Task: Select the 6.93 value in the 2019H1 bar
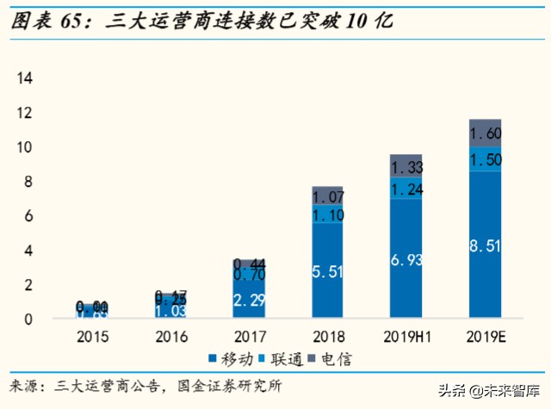click(x=406, y=259)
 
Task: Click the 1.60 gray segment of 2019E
click(x=485, y=133)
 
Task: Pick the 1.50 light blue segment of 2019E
click(x=485, y=159)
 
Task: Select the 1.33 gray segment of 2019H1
click(x=406, y=167)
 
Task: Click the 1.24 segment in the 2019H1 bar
click(x=406, y=189)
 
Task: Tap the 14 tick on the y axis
click(x=25, y=78)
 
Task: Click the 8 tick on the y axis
click(x=28, y=182)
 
